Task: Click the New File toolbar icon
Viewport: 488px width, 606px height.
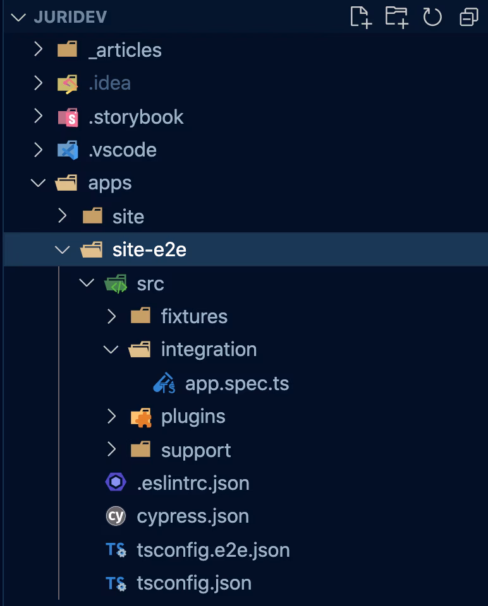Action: [360, 17]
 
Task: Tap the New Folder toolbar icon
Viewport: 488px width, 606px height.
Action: [396, 17]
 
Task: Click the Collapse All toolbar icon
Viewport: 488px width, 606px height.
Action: [468, 17]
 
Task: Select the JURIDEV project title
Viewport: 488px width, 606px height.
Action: [70, 17]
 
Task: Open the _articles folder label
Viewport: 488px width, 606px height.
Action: [125, 50]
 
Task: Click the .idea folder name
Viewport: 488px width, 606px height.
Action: [109, 83]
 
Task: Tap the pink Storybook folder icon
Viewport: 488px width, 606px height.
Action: [68, 117]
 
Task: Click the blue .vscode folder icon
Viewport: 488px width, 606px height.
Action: [68, 150]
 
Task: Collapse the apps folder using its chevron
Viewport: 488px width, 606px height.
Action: [39, 183]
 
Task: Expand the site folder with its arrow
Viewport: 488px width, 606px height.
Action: [63, 217]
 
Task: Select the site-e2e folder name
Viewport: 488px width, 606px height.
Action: [149, 250]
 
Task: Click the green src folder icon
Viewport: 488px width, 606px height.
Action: [116, 283]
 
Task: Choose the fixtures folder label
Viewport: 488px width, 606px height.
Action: [194, 316]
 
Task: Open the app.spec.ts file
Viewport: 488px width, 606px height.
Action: [236, 383]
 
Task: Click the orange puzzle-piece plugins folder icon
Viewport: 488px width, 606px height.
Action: [140, 417]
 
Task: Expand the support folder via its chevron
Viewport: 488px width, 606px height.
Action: [111, 449]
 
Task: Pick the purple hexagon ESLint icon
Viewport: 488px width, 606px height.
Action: [116, 483]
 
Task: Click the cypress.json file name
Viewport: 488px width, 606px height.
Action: [193, 516]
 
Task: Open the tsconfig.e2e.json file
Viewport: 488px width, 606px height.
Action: [213, 550]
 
